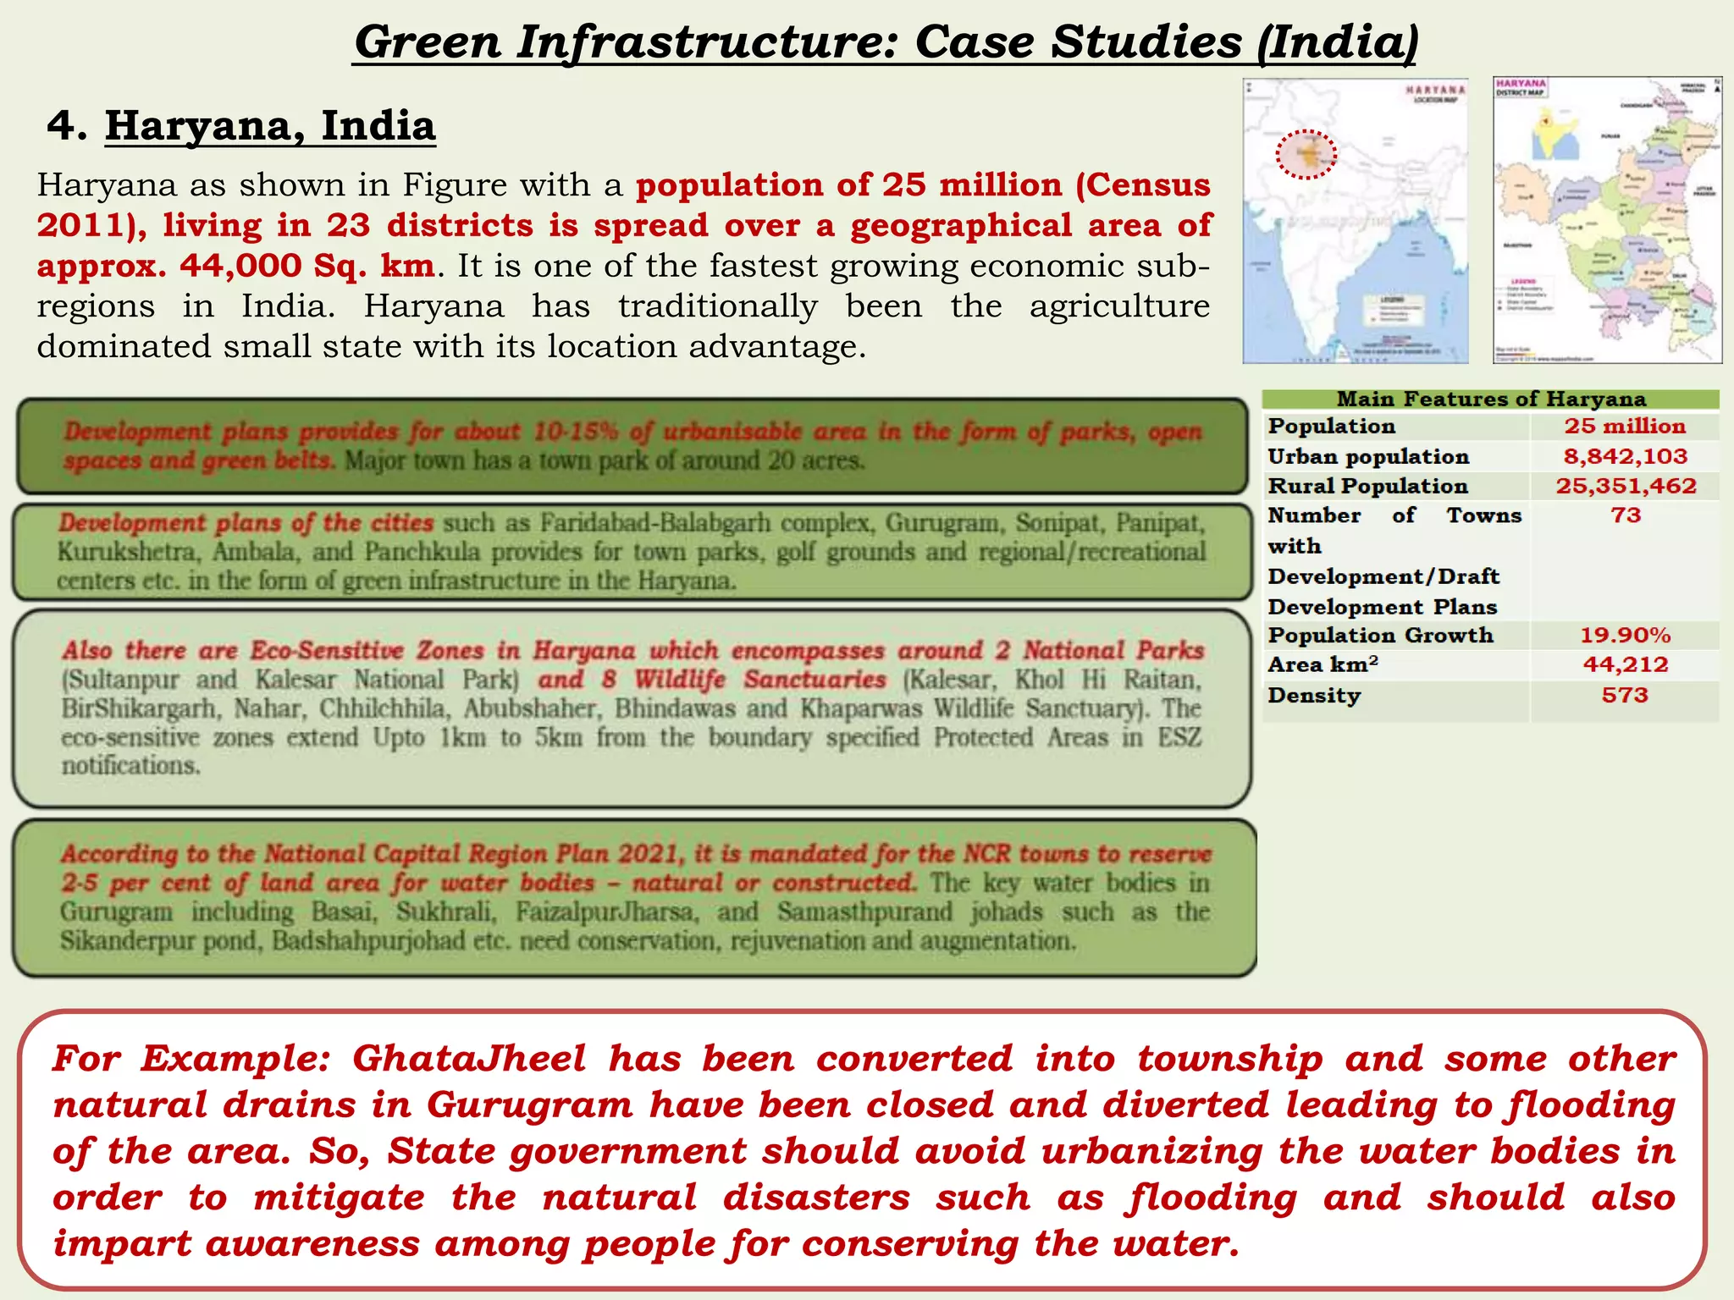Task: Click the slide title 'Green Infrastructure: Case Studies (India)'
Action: [x=886, y=42]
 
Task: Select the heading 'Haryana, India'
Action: [x=270, y=126]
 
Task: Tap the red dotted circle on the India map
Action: [x=1306, y=154]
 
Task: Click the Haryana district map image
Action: [x=1607, y=220]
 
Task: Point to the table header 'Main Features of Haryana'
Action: [x=1490, y=399]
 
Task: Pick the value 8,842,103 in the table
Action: [x=1625, y=456]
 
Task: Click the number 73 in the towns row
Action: [x=1625, y=515]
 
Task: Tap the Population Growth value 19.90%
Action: [x=1625, y=635]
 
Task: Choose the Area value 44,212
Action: [x=1625, y=664]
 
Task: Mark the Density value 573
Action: [x=1625, y=695]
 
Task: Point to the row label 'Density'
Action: [x=1313, y=695]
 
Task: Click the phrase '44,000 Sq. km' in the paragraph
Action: [x=307, y=266]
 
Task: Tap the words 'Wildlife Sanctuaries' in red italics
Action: [x=759, y=680]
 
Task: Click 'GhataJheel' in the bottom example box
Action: [x=469, y=1059]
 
